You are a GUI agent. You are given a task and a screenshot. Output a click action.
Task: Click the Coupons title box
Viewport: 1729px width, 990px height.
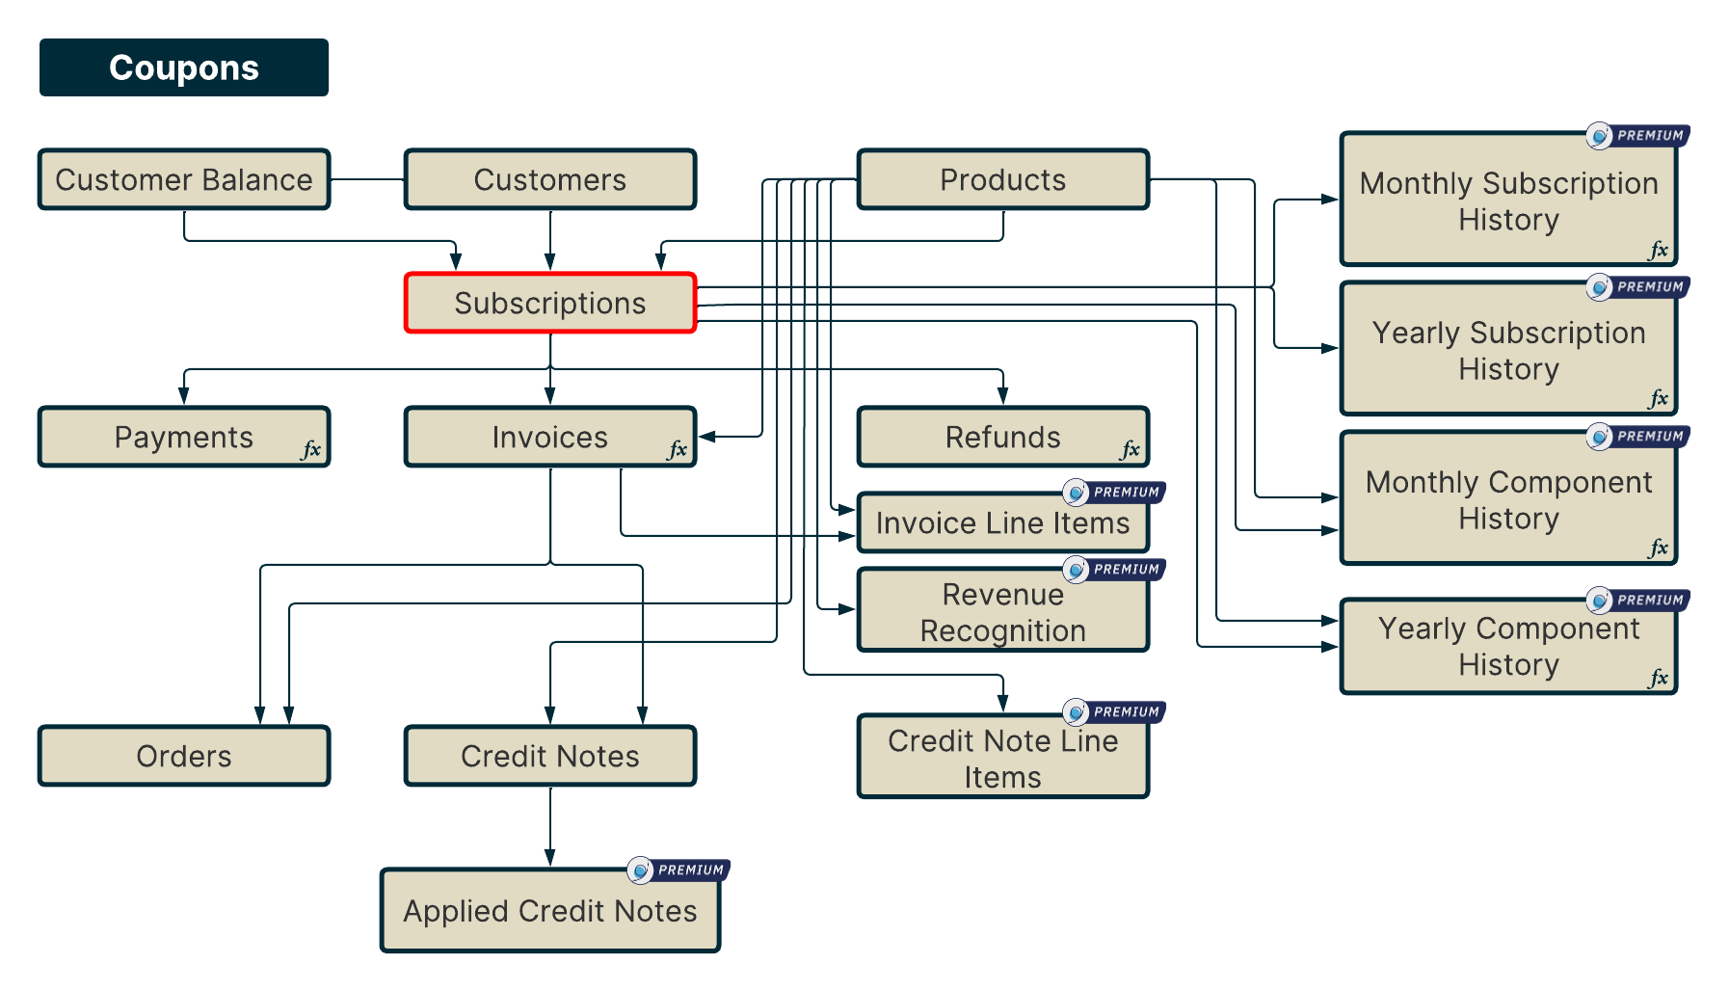183,67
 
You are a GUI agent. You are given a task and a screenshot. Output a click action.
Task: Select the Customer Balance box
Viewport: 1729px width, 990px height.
183,179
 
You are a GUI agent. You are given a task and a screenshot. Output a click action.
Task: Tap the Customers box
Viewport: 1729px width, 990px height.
549,179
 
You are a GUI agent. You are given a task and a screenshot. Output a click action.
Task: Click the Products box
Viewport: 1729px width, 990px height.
1002,179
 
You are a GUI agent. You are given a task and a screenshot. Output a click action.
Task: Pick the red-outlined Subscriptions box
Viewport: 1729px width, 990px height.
549,303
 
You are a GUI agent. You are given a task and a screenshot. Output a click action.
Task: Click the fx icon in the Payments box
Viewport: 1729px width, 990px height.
311,449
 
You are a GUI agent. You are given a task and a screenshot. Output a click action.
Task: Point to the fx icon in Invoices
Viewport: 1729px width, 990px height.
678,449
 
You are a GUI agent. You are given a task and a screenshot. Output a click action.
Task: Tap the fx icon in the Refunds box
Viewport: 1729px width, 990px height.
1130,449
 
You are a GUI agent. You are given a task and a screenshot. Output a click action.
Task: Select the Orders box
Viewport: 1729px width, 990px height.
183,756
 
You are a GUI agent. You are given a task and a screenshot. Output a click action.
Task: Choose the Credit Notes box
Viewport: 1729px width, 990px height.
549,756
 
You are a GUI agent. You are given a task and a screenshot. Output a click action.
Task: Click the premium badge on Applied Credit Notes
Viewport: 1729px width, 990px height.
678,870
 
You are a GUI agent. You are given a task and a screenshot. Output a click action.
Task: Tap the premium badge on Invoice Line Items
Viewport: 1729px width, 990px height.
1114,493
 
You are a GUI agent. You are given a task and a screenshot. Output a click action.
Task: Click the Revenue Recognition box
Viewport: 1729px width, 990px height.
1002,612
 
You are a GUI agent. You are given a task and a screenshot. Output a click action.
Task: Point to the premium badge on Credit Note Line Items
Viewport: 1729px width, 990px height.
1114,712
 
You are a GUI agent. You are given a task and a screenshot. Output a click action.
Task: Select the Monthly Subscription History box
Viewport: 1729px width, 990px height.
1508,201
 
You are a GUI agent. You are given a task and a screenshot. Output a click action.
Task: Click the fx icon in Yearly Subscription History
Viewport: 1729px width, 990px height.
1658,398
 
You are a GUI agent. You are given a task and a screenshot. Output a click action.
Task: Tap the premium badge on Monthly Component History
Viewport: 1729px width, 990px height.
1637,437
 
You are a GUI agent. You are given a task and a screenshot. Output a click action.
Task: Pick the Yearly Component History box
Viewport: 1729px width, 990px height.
1508,646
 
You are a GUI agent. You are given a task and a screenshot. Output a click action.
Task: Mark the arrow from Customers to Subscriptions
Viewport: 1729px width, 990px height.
550,241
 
